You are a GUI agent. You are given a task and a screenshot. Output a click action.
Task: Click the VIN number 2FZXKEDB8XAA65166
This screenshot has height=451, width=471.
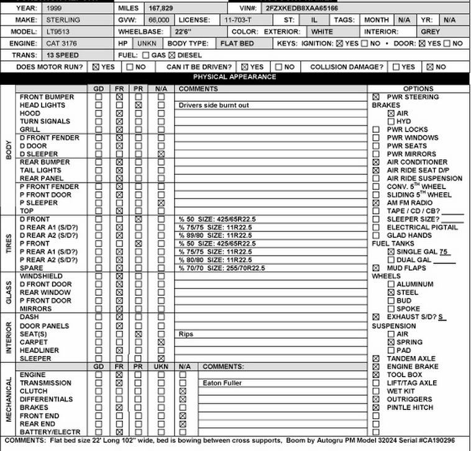[302, 9]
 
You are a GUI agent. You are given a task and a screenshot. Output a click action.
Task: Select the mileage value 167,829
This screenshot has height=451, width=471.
[161, 9]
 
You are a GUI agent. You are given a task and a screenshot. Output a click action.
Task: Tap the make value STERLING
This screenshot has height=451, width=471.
[63, 20]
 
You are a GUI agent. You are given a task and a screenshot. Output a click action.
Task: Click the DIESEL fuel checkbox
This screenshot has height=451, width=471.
[171, 55]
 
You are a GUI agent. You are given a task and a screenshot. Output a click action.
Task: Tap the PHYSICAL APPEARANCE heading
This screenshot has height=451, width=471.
[234, 77]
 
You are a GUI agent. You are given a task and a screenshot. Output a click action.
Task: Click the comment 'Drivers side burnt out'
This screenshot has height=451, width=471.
[214, 105]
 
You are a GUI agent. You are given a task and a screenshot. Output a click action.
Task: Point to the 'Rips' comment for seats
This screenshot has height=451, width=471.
[186, 334]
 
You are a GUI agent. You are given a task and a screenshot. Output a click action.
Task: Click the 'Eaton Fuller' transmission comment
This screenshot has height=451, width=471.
[222, 383]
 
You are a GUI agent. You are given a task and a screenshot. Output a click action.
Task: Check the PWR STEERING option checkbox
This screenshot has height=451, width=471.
[376, 97]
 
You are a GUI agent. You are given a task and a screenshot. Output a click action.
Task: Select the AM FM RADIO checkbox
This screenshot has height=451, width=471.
[376, 203]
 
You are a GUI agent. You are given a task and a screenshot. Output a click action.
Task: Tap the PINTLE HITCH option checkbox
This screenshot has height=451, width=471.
[376, 408]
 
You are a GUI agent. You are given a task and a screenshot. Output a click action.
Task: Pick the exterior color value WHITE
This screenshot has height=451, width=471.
[322, 32]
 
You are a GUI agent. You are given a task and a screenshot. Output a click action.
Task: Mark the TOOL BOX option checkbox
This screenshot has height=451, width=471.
[376, 375]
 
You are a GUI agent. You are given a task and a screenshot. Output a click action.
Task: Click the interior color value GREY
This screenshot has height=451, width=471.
[430, 32]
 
